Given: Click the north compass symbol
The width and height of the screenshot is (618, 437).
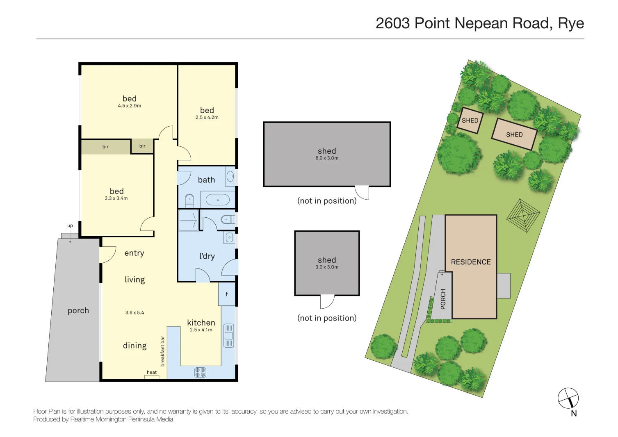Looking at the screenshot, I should (568, 398).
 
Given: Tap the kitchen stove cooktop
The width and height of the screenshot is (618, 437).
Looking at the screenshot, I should (200, 372).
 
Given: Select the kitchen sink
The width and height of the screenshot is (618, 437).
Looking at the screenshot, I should (228, 335).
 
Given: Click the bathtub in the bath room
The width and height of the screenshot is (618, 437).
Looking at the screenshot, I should (217, 200).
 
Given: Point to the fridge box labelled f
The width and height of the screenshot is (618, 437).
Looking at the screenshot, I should (227, 294).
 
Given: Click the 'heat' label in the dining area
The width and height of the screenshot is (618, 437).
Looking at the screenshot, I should (152, 373).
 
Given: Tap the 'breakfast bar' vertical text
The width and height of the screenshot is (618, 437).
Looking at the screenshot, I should (162, 351).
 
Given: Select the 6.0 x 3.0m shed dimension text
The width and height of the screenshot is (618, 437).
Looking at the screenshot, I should (327, 158).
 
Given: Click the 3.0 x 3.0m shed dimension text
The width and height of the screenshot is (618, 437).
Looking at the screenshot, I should (327, 267).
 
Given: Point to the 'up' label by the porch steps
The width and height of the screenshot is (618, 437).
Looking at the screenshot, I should (70, 226).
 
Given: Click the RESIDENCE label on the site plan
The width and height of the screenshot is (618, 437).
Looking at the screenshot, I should (471, 262).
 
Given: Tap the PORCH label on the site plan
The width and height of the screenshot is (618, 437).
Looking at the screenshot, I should (443, 299).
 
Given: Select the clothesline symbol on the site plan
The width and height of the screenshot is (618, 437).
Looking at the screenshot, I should (523, 215).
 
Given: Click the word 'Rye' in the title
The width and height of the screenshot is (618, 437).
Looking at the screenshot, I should (571, 23).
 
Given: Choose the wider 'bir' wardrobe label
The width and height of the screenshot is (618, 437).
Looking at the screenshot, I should (105, 147).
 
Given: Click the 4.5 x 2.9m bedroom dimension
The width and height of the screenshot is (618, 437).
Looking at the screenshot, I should (130, 106).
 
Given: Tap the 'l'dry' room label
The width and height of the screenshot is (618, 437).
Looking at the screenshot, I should (207, 256).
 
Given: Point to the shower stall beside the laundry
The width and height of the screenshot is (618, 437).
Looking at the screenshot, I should (189, 220).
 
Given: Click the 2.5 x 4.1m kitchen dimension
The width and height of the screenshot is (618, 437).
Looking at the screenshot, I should (201, 330).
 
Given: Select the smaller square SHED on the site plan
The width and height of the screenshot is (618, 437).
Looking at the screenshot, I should (470, 121).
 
